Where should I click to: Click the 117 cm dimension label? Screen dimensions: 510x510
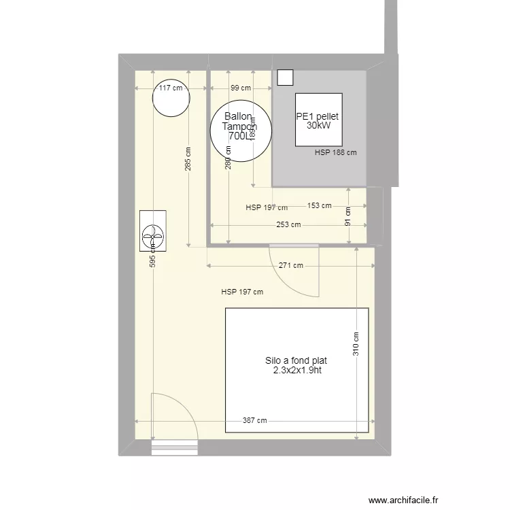pos(170,88)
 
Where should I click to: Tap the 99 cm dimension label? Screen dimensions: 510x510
pos(240,88)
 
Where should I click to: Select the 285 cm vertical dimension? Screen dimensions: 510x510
pos(188,160)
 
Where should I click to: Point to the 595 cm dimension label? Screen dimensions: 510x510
pos(153,255)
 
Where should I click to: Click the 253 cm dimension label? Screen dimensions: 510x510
pos(288,225)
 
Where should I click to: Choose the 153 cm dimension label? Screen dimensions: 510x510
pos(319,205)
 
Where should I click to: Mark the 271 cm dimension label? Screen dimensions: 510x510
pos(290,266)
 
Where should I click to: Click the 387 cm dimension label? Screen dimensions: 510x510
pos(254,421)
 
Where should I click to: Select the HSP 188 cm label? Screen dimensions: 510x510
pos(335,153)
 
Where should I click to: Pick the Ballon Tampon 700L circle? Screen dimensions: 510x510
pos(241,131)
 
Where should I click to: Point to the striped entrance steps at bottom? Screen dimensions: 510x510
pos(174,447)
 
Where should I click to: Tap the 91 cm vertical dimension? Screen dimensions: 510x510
pos(348,217)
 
